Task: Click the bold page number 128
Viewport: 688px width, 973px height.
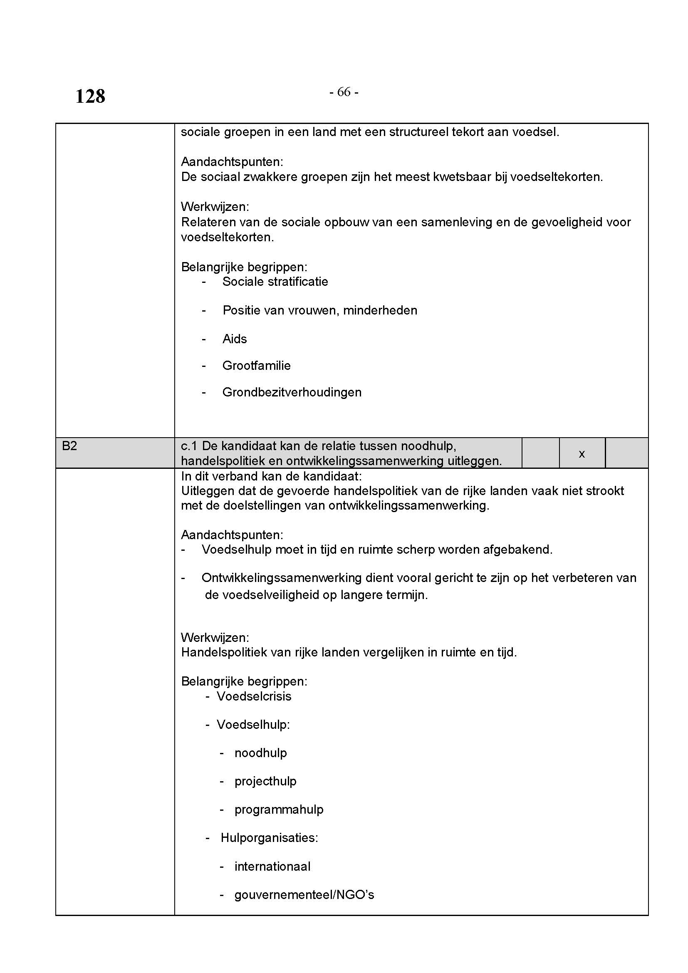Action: (x=90, y=96)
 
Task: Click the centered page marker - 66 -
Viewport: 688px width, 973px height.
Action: (x=344, y=92)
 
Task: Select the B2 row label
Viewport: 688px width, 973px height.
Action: (x=69, y=446)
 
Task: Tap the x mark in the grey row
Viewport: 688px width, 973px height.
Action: (x=582, y=454)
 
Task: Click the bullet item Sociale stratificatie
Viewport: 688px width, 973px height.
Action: (x=275, y=282)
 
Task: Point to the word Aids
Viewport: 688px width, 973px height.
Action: (x=234, y=339)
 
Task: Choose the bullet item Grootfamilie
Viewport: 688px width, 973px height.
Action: (x=256, y=366)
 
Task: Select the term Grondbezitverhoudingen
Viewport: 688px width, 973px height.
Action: (x=292, y=392)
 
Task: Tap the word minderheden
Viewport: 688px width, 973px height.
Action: (x=380, y=311)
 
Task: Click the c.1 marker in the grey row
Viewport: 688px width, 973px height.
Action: (x=189, y=446)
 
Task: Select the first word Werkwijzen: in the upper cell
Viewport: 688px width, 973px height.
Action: (x=215, y=207)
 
